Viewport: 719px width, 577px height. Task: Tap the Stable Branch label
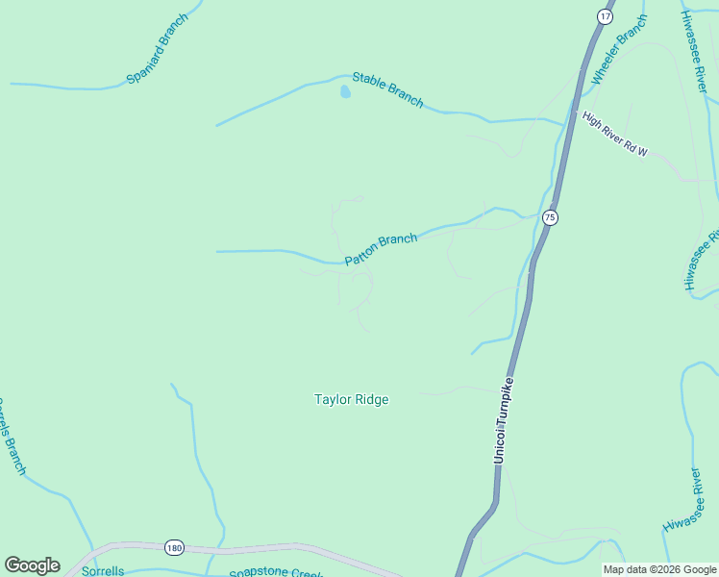click(387, 89)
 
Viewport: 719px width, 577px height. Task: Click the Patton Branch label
click(381, 248)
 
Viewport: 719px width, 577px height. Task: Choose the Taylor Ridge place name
click(352, 399)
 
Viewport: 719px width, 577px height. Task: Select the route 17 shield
click(604, 16)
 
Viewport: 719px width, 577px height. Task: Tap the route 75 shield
click(549, 217)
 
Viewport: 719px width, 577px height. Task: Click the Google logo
click(32, 565)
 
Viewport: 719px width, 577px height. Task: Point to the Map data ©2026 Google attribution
click(660, 569)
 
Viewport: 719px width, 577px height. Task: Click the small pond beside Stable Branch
click(344, 92)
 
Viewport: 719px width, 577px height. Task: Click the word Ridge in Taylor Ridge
click(371, 399)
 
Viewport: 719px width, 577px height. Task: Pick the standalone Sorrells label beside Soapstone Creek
click(103, 571)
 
